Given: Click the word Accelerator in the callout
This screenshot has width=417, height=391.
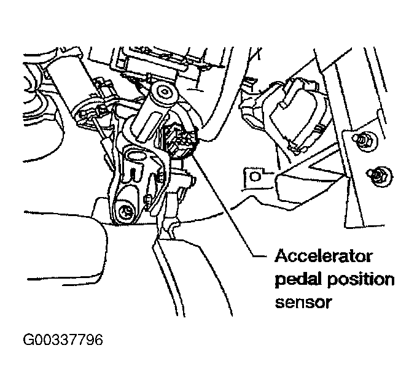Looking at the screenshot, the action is point(323,256).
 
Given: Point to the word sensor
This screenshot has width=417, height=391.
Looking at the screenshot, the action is point(303,303).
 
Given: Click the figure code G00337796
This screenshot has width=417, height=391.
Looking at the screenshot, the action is point(63,340).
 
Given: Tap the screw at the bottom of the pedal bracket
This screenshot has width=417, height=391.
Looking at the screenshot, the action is point(125,212).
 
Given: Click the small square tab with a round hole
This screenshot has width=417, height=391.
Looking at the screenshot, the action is point(255,177).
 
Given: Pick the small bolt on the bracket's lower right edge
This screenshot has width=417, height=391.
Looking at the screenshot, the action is point(148,198).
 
